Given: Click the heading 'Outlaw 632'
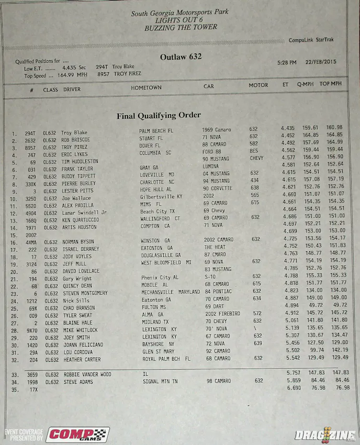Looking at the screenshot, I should click(181, 57).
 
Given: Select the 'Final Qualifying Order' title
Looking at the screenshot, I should click(159, 116).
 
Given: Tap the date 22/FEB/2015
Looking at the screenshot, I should click(322, 62).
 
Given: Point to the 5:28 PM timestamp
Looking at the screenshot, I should click(287, 63).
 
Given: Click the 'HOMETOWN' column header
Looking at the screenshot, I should click(146, 87).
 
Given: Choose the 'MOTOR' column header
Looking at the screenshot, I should click(258, 85).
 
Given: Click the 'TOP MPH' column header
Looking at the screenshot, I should click(331, 83).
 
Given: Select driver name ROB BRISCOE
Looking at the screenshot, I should click(75, 140).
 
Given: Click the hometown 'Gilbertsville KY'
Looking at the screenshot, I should click(161, 196).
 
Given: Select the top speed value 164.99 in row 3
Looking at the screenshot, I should click(334, 142).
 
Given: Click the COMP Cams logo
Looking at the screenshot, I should click(77, 435).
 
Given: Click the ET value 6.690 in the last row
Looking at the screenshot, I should click(294, 388).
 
